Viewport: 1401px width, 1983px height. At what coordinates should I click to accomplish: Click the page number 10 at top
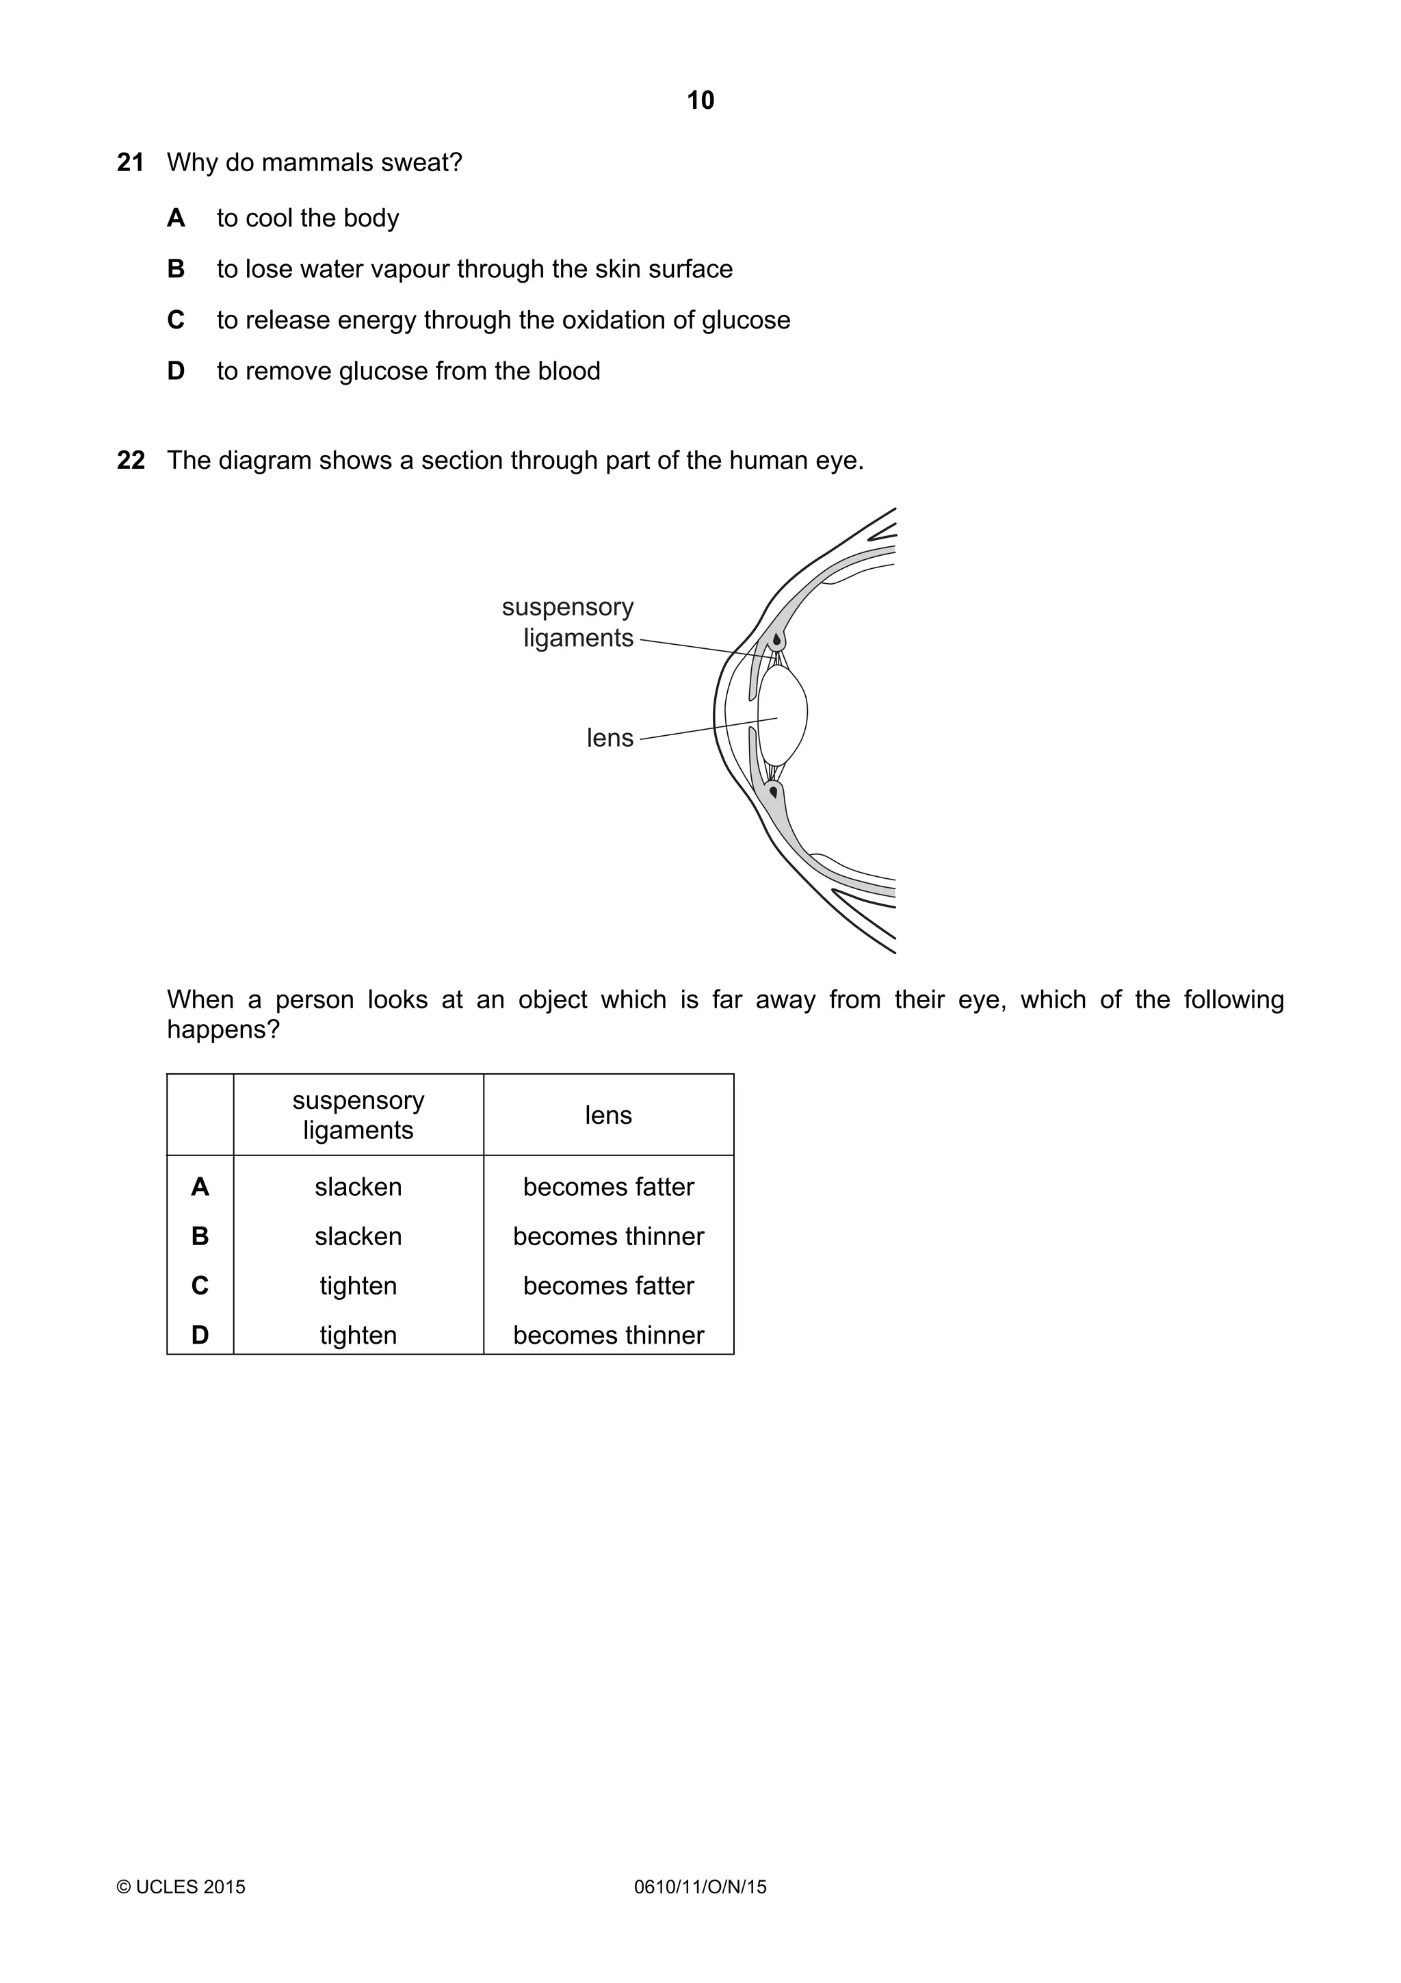(700, 101)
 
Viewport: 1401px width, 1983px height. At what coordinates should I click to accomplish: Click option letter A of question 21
(175, 218)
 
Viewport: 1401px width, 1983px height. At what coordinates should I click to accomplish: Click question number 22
(131, 461)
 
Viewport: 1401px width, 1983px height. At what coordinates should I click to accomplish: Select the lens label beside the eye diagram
(610, 739)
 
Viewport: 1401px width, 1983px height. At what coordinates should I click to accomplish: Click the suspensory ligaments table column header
(358, 1115)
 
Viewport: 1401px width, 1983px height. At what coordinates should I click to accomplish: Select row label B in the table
(199, 1236)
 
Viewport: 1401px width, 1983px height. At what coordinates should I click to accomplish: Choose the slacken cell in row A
(358, 1187)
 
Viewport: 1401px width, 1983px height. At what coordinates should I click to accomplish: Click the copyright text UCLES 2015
(181, 1886)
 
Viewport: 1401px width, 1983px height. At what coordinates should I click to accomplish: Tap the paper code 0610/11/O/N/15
(700, 1886)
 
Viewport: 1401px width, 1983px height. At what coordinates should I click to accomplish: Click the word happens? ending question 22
(224, 1029)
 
